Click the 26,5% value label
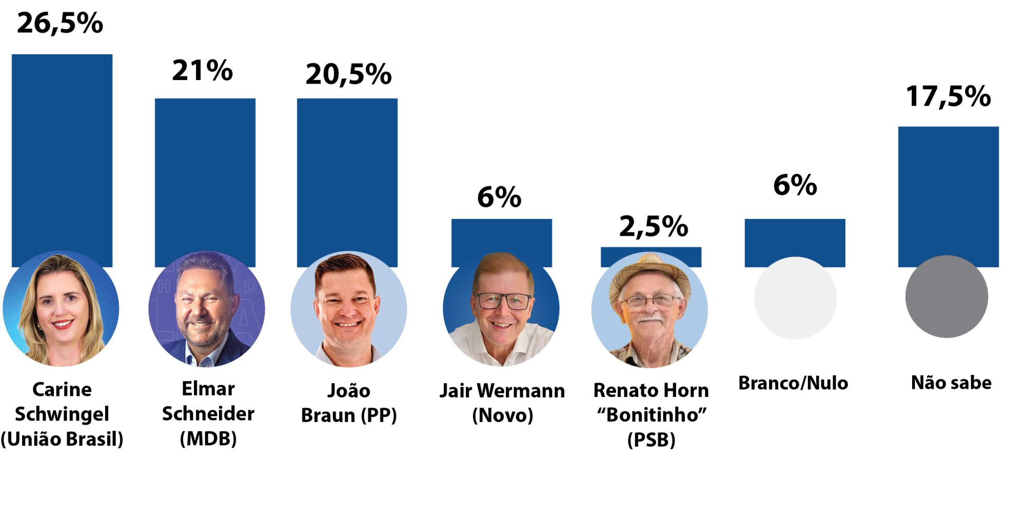coord(60,24)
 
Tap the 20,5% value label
coord(348,75)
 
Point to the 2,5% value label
coord(654,227)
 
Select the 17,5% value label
coord(949,96)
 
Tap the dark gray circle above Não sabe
coord(946,296)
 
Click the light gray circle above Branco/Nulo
coord(795,297)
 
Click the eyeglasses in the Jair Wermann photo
coord(503,301)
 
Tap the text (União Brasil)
coord(62,439)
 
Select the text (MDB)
coord(208,438)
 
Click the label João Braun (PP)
coord(349,403)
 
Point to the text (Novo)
coord(503,415)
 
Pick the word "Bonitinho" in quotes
coord(652,414)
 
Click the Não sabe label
coord(951,383)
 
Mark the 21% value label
coord(202,70)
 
